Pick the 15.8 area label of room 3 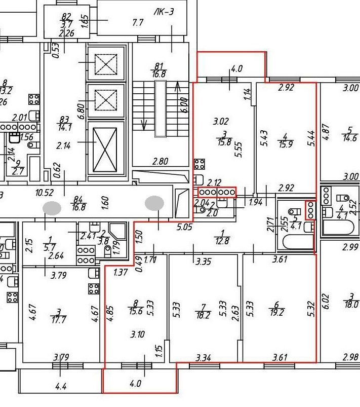click(224, 143)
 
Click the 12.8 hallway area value click(222, 241)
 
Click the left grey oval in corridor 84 click(52, 207)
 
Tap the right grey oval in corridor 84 click(155, 203)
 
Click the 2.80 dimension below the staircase click(160, 162)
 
